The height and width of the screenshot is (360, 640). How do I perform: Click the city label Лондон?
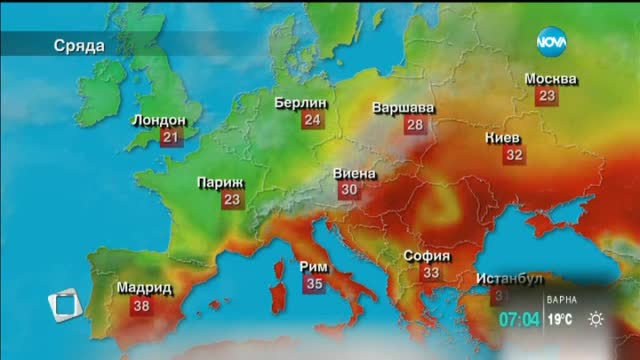point(159,120)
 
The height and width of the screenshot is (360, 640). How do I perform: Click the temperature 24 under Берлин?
point(313,120)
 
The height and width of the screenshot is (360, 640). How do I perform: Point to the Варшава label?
point(403,107)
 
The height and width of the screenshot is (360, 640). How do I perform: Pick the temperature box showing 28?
point(414,125)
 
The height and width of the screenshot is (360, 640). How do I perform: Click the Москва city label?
point(551,78)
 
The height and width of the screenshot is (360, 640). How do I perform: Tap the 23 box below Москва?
point(546,96)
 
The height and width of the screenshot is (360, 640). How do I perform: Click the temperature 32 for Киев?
point(514,155)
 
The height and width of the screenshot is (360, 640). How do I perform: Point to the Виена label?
point(354,172)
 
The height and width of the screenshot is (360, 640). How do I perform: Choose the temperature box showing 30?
point(349,189)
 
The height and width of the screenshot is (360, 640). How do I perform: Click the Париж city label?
point(220,183)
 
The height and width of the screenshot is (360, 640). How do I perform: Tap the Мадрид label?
point(145,288)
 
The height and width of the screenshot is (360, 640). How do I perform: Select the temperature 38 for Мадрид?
point(140,306)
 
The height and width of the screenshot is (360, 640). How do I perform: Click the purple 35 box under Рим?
point(314,284)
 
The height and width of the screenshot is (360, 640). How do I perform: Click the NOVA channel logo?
point(552,41)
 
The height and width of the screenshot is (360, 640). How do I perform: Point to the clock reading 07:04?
point(521,320)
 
